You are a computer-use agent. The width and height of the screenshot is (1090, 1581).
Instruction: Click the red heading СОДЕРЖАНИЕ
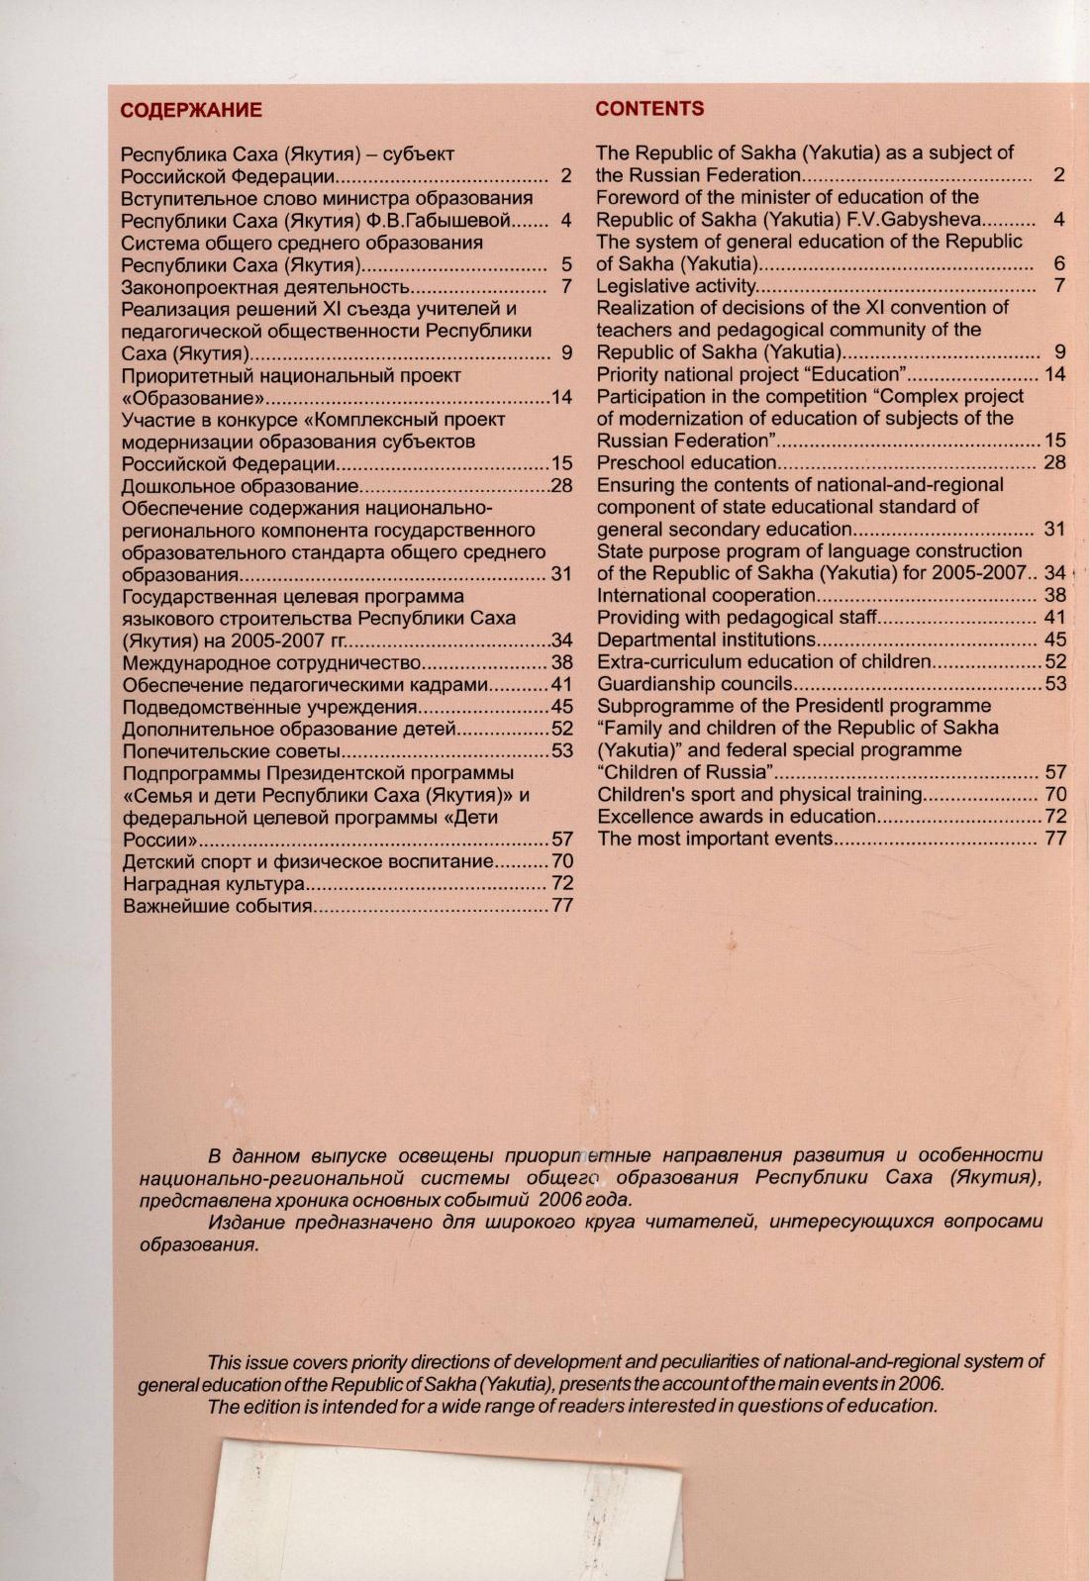pyautogui.click(x=191, y=110)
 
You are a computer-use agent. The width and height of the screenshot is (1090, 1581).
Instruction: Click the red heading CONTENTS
pyautogui.click(x=649, y=109)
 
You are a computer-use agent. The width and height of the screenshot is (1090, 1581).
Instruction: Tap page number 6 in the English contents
pyautogui.click(x=1058, y=263)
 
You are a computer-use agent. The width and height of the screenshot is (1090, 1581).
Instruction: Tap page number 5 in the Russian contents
pyautogui.click(x=566, y=265)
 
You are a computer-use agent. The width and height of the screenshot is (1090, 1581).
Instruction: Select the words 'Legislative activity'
pyautogui.click(x=676, y=286)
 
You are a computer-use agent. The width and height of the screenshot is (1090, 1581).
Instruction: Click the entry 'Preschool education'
pyautogui.click(x=686, y=462)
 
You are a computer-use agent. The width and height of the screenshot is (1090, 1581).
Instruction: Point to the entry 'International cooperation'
pyautogui.click(x=706, y=595)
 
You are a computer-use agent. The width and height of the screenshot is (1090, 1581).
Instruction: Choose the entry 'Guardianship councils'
pyautogui.click(x=695, y=684)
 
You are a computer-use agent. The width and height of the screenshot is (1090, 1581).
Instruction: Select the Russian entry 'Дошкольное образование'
pyautogui.click(x=239, y=486)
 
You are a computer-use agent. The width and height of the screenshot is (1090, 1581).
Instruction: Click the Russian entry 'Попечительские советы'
pyautogui.click(x=233, y=751)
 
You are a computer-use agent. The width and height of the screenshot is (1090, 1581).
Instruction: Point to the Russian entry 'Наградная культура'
pyautogui.click(x=213, y=884)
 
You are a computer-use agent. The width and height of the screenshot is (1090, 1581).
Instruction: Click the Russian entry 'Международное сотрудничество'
pyautogui.click(x=272, y=662)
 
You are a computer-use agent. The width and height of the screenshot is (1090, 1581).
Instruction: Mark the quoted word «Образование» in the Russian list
pyautogui.click(x=192, y=398)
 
